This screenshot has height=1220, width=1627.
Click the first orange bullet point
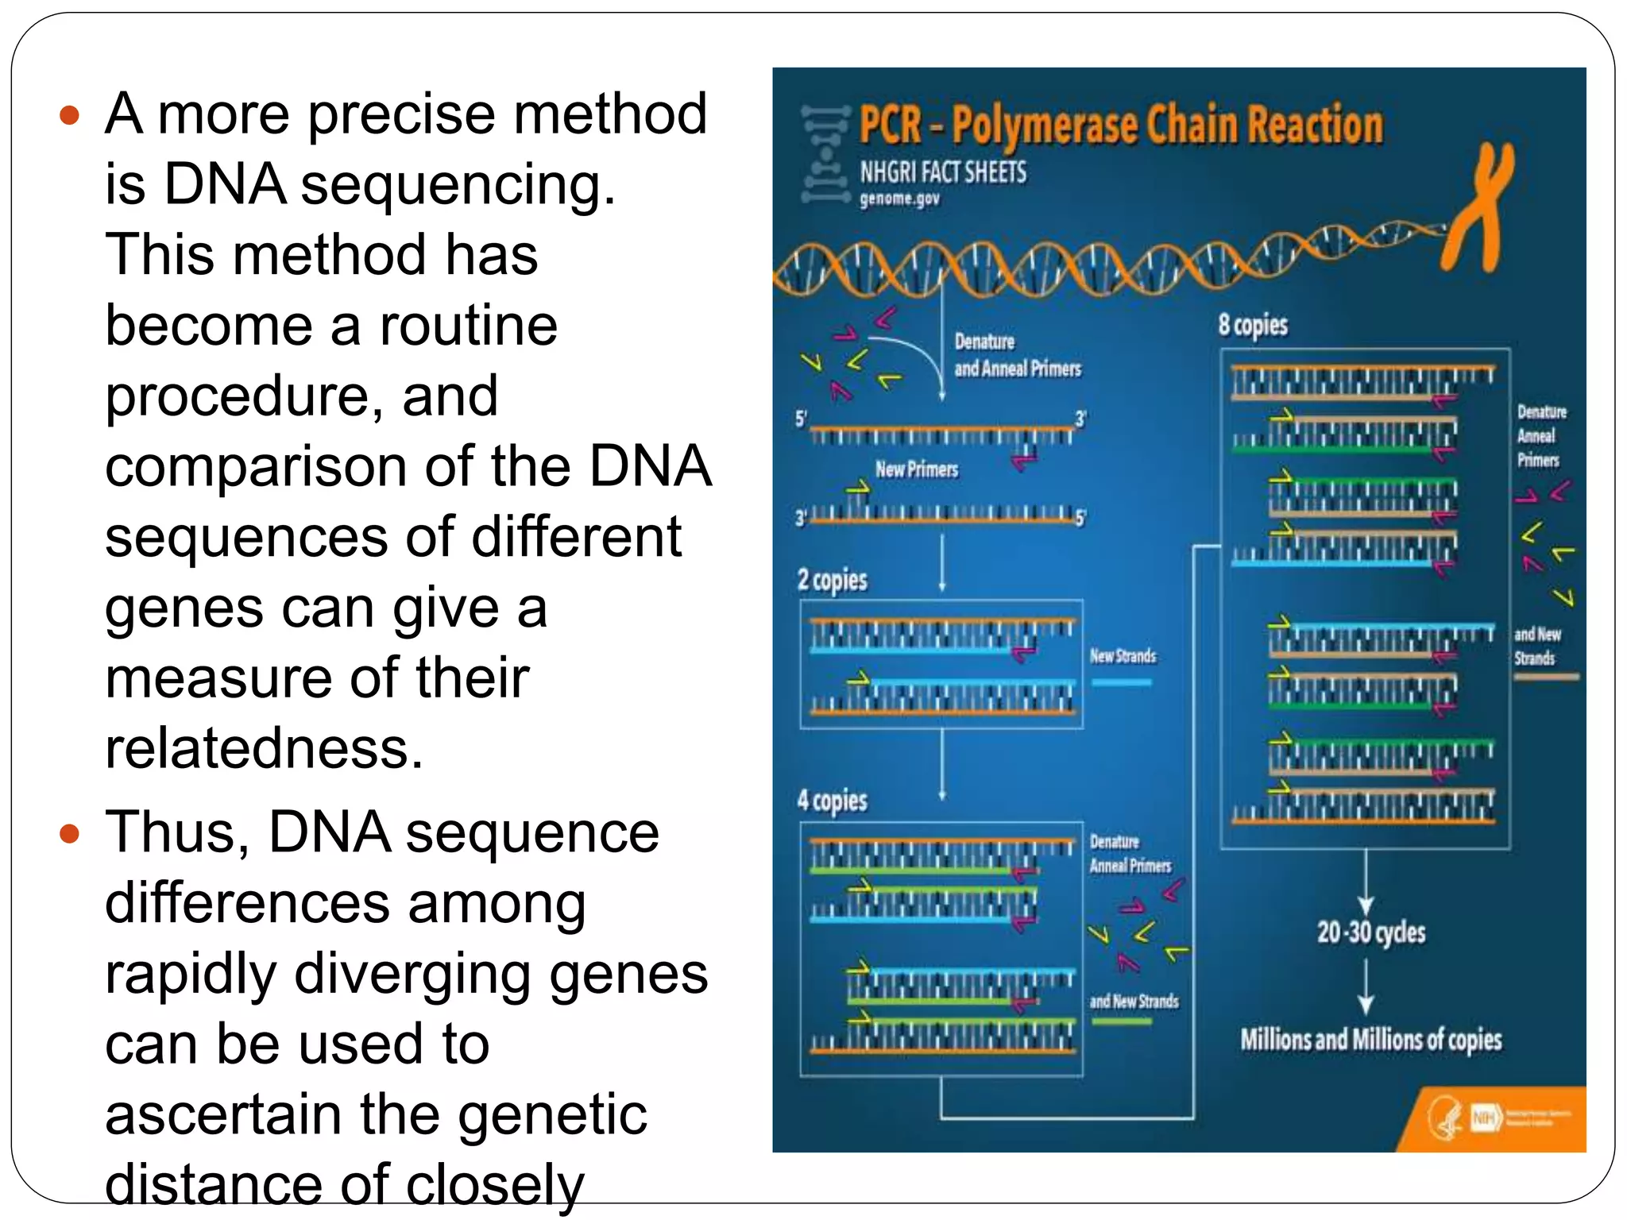(x=70, y=116)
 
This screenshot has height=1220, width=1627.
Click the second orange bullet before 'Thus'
(x=70, y=834)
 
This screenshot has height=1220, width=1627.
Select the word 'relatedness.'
(x=264, y=749)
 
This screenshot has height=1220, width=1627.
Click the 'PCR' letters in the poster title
(x=891, y=127)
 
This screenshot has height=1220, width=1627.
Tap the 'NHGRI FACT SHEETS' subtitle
(x=943, y=172)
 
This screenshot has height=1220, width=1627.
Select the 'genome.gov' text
(x=899, y=199)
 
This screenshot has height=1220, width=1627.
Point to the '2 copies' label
(x=832, y=581)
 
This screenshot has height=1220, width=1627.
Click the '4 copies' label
(x=832, y=801)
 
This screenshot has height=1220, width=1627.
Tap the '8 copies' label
(x=1253, y=325)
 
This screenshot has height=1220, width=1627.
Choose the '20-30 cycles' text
(x=1370, y=932)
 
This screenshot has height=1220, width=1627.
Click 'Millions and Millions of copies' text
(x=1370, y=1040)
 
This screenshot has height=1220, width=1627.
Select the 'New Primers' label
(x=917, y=469)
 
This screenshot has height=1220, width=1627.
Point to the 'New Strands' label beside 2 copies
(x=1123, y=656)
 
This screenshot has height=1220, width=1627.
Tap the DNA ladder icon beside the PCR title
(x=825, y=155)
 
